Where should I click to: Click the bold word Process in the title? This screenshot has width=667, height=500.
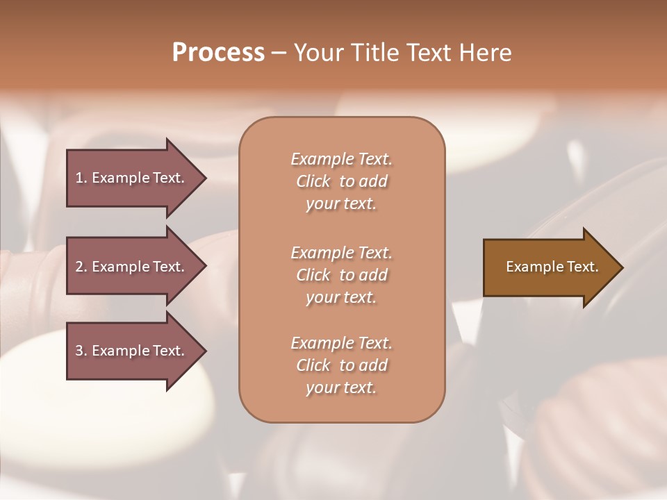[218, 53]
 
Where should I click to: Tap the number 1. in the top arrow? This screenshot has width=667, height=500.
[81, 178]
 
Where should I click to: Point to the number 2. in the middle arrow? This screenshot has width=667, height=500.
[81, 267]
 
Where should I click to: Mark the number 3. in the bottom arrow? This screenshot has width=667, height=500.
[81, 351]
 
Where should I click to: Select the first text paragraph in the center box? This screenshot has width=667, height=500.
[341, 181]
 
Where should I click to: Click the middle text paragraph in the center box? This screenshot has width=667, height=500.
[341, 274]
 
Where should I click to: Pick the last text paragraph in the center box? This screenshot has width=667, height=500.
[341, 365]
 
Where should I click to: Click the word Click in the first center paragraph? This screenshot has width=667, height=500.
[313, 181]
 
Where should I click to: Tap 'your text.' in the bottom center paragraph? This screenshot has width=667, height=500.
[341, 387]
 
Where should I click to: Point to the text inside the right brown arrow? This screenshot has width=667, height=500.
[552, 267]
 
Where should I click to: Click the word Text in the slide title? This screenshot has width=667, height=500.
[430, 53]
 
